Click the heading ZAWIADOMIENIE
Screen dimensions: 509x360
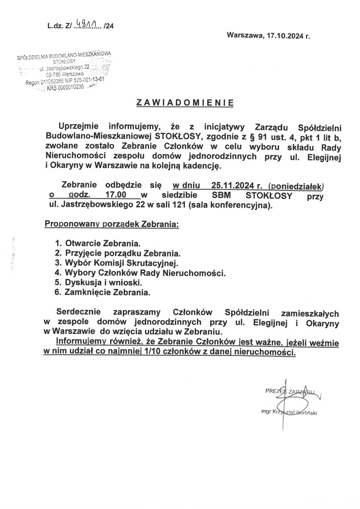click(185, 102)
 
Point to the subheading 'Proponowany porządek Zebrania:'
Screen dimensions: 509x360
click(112, 223)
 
